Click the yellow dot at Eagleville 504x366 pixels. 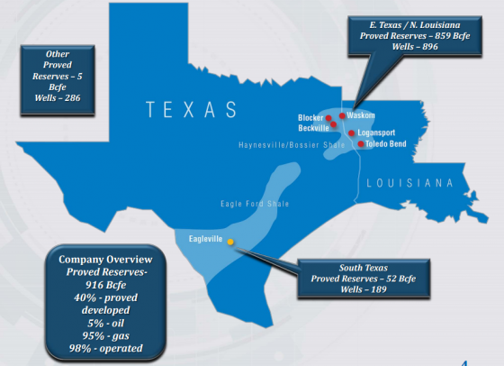pos(230,242)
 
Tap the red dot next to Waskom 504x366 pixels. pos(342,115)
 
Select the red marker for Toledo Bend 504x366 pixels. pos(361,143)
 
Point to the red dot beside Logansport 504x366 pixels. pos(350,133)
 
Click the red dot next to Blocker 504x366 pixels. pos(329,118)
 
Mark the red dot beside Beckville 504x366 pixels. pos(334,126)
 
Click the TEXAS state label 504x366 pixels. pos(192,110)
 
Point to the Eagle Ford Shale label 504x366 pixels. pos(255,205)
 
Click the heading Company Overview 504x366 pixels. pos(94,260)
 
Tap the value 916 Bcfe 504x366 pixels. pos(95,284)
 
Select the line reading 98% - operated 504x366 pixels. pos(95,347)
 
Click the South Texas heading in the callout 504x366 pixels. pos(365,268)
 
